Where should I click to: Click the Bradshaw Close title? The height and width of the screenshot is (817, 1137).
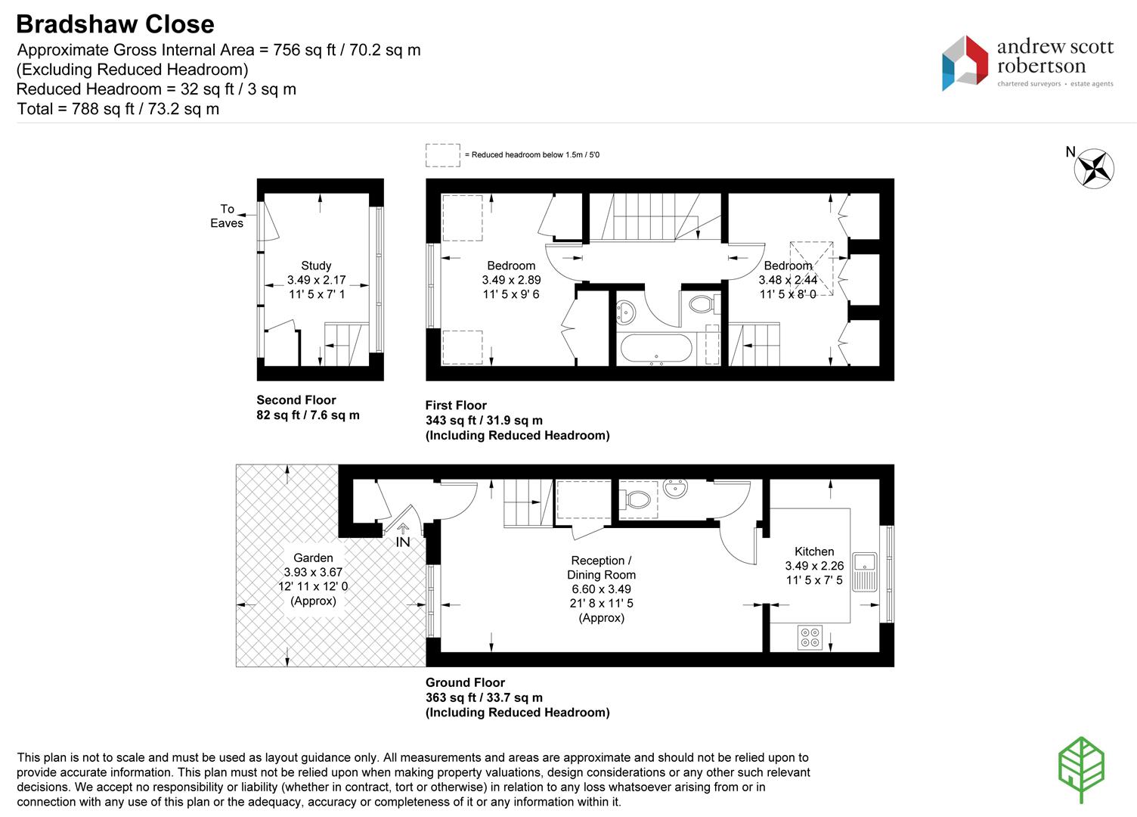pyautogui.click(x=115, y=24)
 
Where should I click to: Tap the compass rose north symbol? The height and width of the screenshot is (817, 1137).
pyautogui.click(x=1094, y=169)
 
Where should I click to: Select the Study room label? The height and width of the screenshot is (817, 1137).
pyautogui.click(x=316, y=266)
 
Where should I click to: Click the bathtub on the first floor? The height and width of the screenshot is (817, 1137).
pyautogui.click(x=655, y=349)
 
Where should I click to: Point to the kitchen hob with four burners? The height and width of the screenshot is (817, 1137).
pyautogui.click(x=810, y=637)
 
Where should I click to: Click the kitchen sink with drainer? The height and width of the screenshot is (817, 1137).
pyautogui.click(x=864, y=572)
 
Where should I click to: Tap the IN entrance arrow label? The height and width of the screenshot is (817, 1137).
pyautogui.click(x=402, y=542)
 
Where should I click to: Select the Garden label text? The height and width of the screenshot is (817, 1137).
pyautogui.click(x=313, y=558)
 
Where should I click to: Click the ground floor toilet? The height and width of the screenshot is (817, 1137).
pyautogui.click(x=635, y=499)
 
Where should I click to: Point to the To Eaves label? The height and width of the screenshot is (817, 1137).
pyautogui.click(x=227, y=216)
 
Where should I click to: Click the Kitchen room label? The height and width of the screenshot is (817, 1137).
pyautogui.click(x=814, y=551)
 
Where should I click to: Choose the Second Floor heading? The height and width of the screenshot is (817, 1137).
pyautogui.click(x=296, y=400)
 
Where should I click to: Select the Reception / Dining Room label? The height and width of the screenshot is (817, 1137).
pyautogui.click(x=601, y=567)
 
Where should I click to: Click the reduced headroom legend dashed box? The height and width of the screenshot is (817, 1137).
pyautogui.click(x=442, y=155)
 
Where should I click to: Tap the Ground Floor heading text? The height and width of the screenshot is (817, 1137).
pyautogui.click(x=465, y=682)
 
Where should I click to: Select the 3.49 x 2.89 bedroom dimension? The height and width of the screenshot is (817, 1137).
pyautogui.click(x=511, y=280)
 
